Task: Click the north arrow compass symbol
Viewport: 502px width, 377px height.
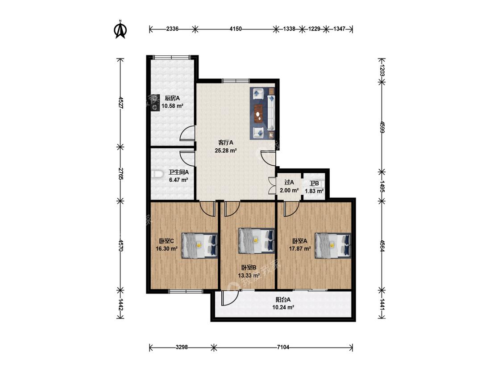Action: point(120,29)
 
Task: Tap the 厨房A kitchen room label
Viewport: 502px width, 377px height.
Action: point(172,98)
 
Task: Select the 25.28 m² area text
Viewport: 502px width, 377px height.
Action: point(226,150)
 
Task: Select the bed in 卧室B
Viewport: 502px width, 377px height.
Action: point(257,241)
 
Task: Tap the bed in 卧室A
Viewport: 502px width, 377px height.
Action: point(333,245)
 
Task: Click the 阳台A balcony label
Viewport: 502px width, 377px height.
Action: point(283,300)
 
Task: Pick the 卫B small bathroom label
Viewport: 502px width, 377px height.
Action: point(314,184)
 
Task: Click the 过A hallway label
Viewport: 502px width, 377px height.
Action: point(289,182)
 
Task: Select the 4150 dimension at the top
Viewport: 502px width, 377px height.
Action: point(236,29)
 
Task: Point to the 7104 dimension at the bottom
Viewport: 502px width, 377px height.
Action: point(283,347)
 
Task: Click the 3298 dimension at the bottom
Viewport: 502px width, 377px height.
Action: point(182,347)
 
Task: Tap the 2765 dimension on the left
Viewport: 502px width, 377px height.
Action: point(120,174)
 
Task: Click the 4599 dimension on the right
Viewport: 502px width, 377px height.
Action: point(382,127)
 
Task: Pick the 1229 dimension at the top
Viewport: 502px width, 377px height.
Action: point(314,29)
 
